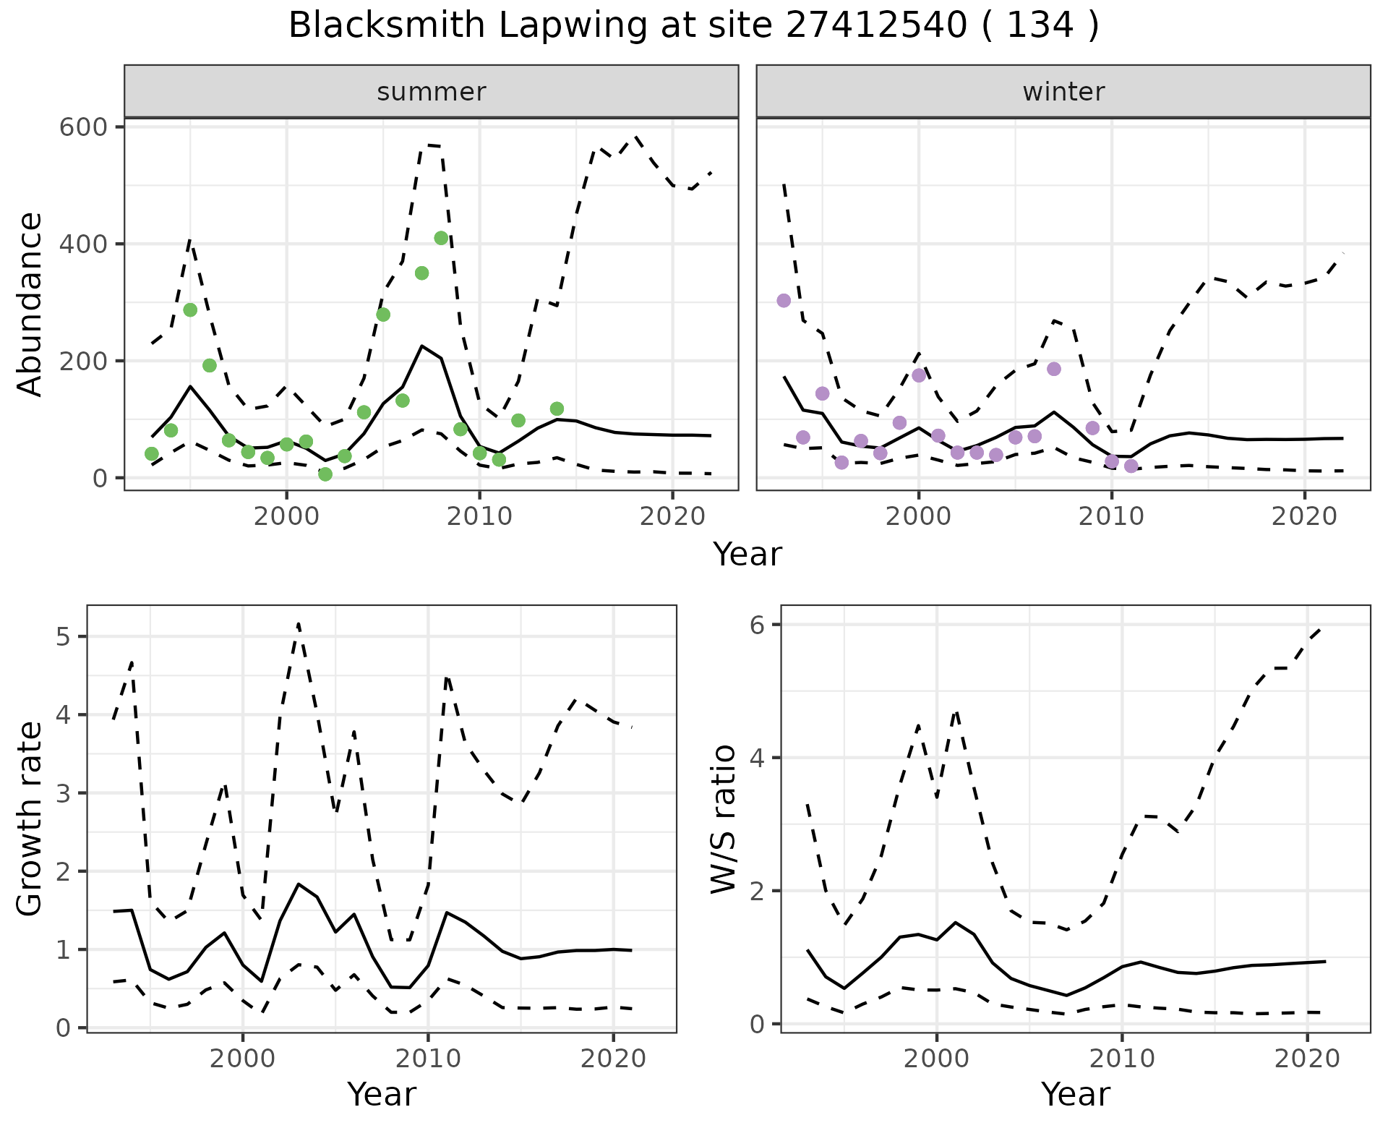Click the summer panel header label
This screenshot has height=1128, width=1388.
[x=432, y=92]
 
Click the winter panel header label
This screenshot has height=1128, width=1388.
[x=1063, y=92]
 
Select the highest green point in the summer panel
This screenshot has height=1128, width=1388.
[x=441, y=239]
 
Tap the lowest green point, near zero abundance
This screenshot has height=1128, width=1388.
[x=325, y=474]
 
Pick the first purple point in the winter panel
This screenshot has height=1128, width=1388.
[x=784, y=301]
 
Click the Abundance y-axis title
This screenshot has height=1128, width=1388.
[x=30, y=304]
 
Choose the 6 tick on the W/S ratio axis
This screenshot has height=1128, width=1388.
[x=756, y=625]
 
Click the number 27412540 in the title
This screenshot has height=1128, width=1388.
[x=876, y=26]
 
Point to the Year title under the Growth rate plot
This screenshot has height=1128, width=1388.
[x=382, y=1094]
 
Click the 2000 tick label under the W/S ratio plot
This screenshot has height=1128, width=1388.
[x=937, y=1059]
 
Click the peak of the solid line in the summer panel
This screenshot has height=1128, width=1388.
[x=422, y=346]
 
